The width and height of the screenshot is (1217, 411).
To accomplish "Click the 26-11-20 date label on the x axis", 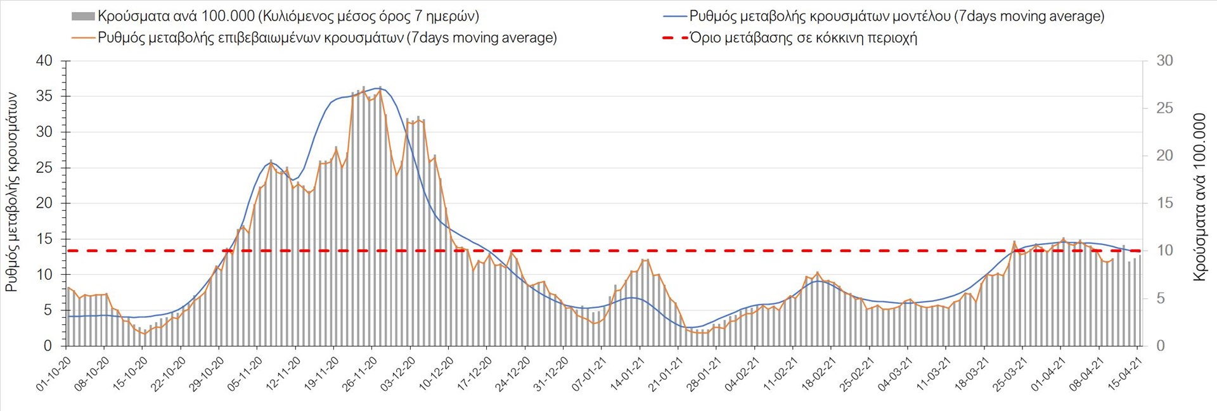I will coord(359,374).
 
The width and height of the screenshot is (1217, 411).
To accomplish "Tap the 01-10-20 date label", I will coord(54,374).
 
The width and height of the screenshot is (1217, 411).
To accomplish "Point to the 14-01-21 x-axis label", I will coord(628,374).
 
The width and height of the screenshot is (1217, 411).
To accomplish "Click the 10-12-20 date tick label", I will coord(436,374).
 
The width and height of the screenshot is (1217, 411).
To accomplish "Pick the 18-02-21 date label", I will coord(819,374).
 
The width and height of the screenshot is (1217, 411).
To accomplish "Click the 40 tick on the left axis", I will coord(44,61).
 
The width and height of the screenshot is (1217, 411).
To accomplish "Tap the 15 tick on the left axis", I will coord(44,239).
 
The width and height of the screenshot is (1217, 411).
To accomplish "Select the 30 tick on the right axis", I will coord(1164,61).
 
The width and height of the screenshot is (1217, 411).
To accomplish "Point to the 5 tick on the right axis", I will coord(1161,298).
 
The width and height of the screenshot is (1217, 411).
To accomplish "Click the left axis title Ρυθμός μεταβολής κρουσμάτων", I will coord(11,193).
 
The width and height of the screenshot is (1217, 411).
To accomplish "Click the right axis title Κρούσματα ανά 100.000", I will coord(1199,197).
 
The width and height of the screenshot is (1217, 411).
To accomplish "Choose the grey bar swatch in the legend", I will coord(83,16).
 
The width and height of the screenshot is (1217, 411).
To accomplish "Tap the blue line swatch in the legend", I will coord(674,16).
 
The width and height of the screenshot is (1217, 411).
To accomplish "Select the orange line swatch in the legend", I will coord(83,38).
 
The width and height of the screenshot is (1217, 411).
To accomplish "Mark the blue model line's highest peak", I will coord(379,87).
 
